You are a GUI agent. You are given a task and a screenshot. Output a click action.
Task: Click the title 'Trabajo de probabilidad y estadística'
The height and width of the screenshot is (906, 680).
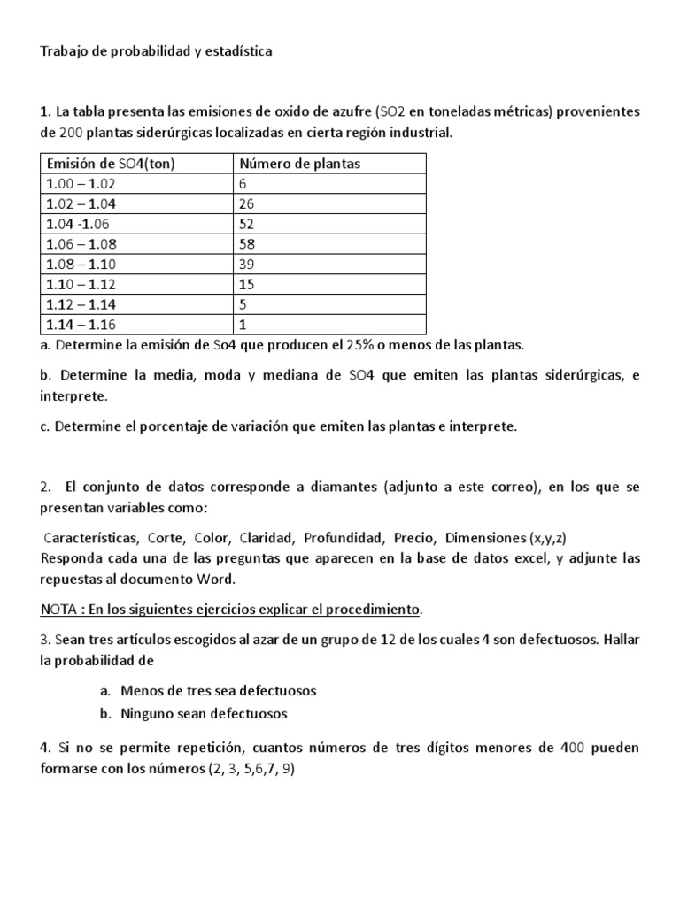tap(156, 51)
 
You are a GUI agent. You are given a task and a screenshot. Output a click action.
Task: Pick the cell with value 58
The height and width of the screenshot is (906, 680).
tap(247, 243)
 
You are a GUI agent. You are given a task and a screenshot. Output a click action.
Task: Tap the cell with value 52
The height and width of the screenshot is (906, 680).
tap(247, 224)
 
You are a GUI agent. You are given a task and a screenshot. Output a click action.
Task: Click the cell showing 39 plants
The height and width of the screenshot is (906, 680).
tap(247, 264)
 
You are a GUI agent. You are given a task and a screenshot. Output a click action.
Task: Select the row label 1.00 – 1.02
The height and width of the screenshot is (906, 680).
tap(81, 184)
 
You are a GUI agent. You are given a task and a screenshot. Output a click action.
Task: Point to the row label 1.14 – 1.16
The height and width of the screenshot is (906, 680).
tap(81, 324)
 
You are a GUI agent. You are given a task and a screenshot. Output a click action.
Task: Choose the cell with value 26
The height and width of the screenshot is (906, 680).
tap(247, 203)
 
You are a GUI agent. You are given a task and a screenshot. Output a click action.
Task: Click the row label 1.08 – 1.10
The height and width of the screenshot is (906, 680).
tap(81, 264)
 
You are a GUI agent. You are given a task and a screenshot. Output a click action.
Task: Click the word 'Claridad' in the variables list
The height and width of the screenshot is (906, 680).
tap(267, 538)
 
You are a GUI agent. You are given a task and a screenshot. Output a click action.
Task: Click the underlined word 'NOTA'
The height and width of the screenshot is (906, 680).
tap(60, 610)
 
